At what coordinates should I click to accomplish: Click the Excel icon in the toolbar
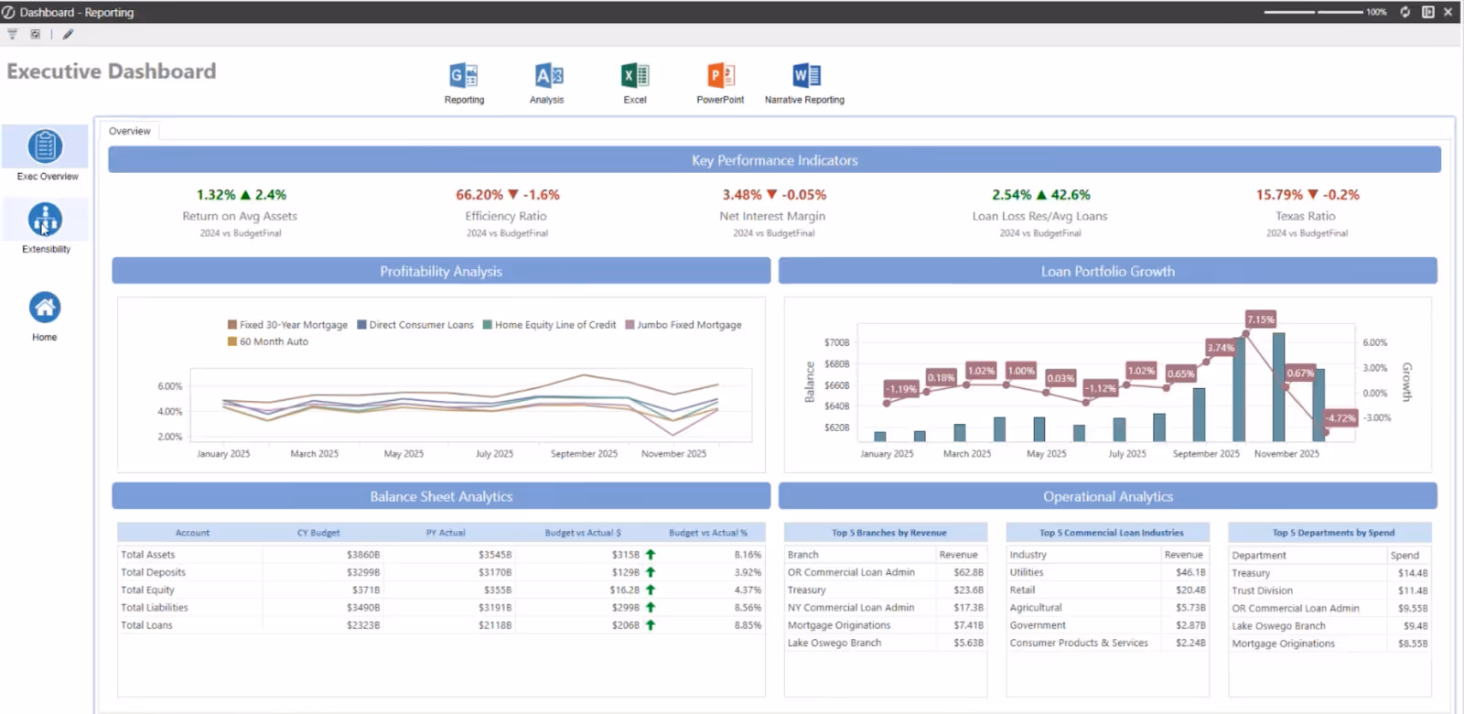[x=634, y=76]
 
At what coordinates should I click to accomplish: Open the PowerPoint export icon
[x=720, y=76]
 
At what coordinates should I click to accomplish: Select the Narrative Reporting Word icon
[x=805, y=76]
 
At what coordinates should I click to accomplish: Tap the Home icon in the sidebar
[x=45, y=308]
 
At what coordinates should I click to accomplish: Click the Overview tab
[x=129, y=131]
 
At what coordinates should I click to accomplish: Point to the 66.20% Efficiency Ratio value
[x=479, y=195]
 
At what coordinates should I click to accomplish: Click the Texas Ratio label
[x=1306, y=216]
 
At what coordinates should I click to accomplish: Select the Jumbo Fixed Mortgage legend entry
[x=688, y=325]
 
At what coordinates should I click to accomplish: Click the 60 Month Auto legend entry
[x=274, y=341]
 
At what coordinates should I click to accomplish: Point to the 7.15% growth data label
[x=1260, y=319]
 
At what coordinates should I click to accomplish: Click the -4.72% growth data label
[x=1340, y=418]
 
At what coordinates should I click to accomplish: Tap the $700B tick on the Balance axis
[x=836, y=342]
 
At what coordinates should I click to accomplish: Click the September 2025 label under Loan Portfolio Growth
[x=1206, y=454]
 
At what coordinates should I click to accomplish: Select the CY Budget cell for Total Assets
[x=362, y=555]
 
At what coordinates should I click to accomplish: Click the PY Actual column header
[x=446, y=533]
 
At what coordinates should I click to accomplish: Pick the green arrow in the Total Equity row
[x=651, y=590]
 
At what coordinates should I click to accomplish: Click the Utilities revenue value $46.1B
[x=1189, y=572]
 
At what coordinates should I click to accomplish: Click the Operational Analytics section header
[x=1107, y=496]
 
